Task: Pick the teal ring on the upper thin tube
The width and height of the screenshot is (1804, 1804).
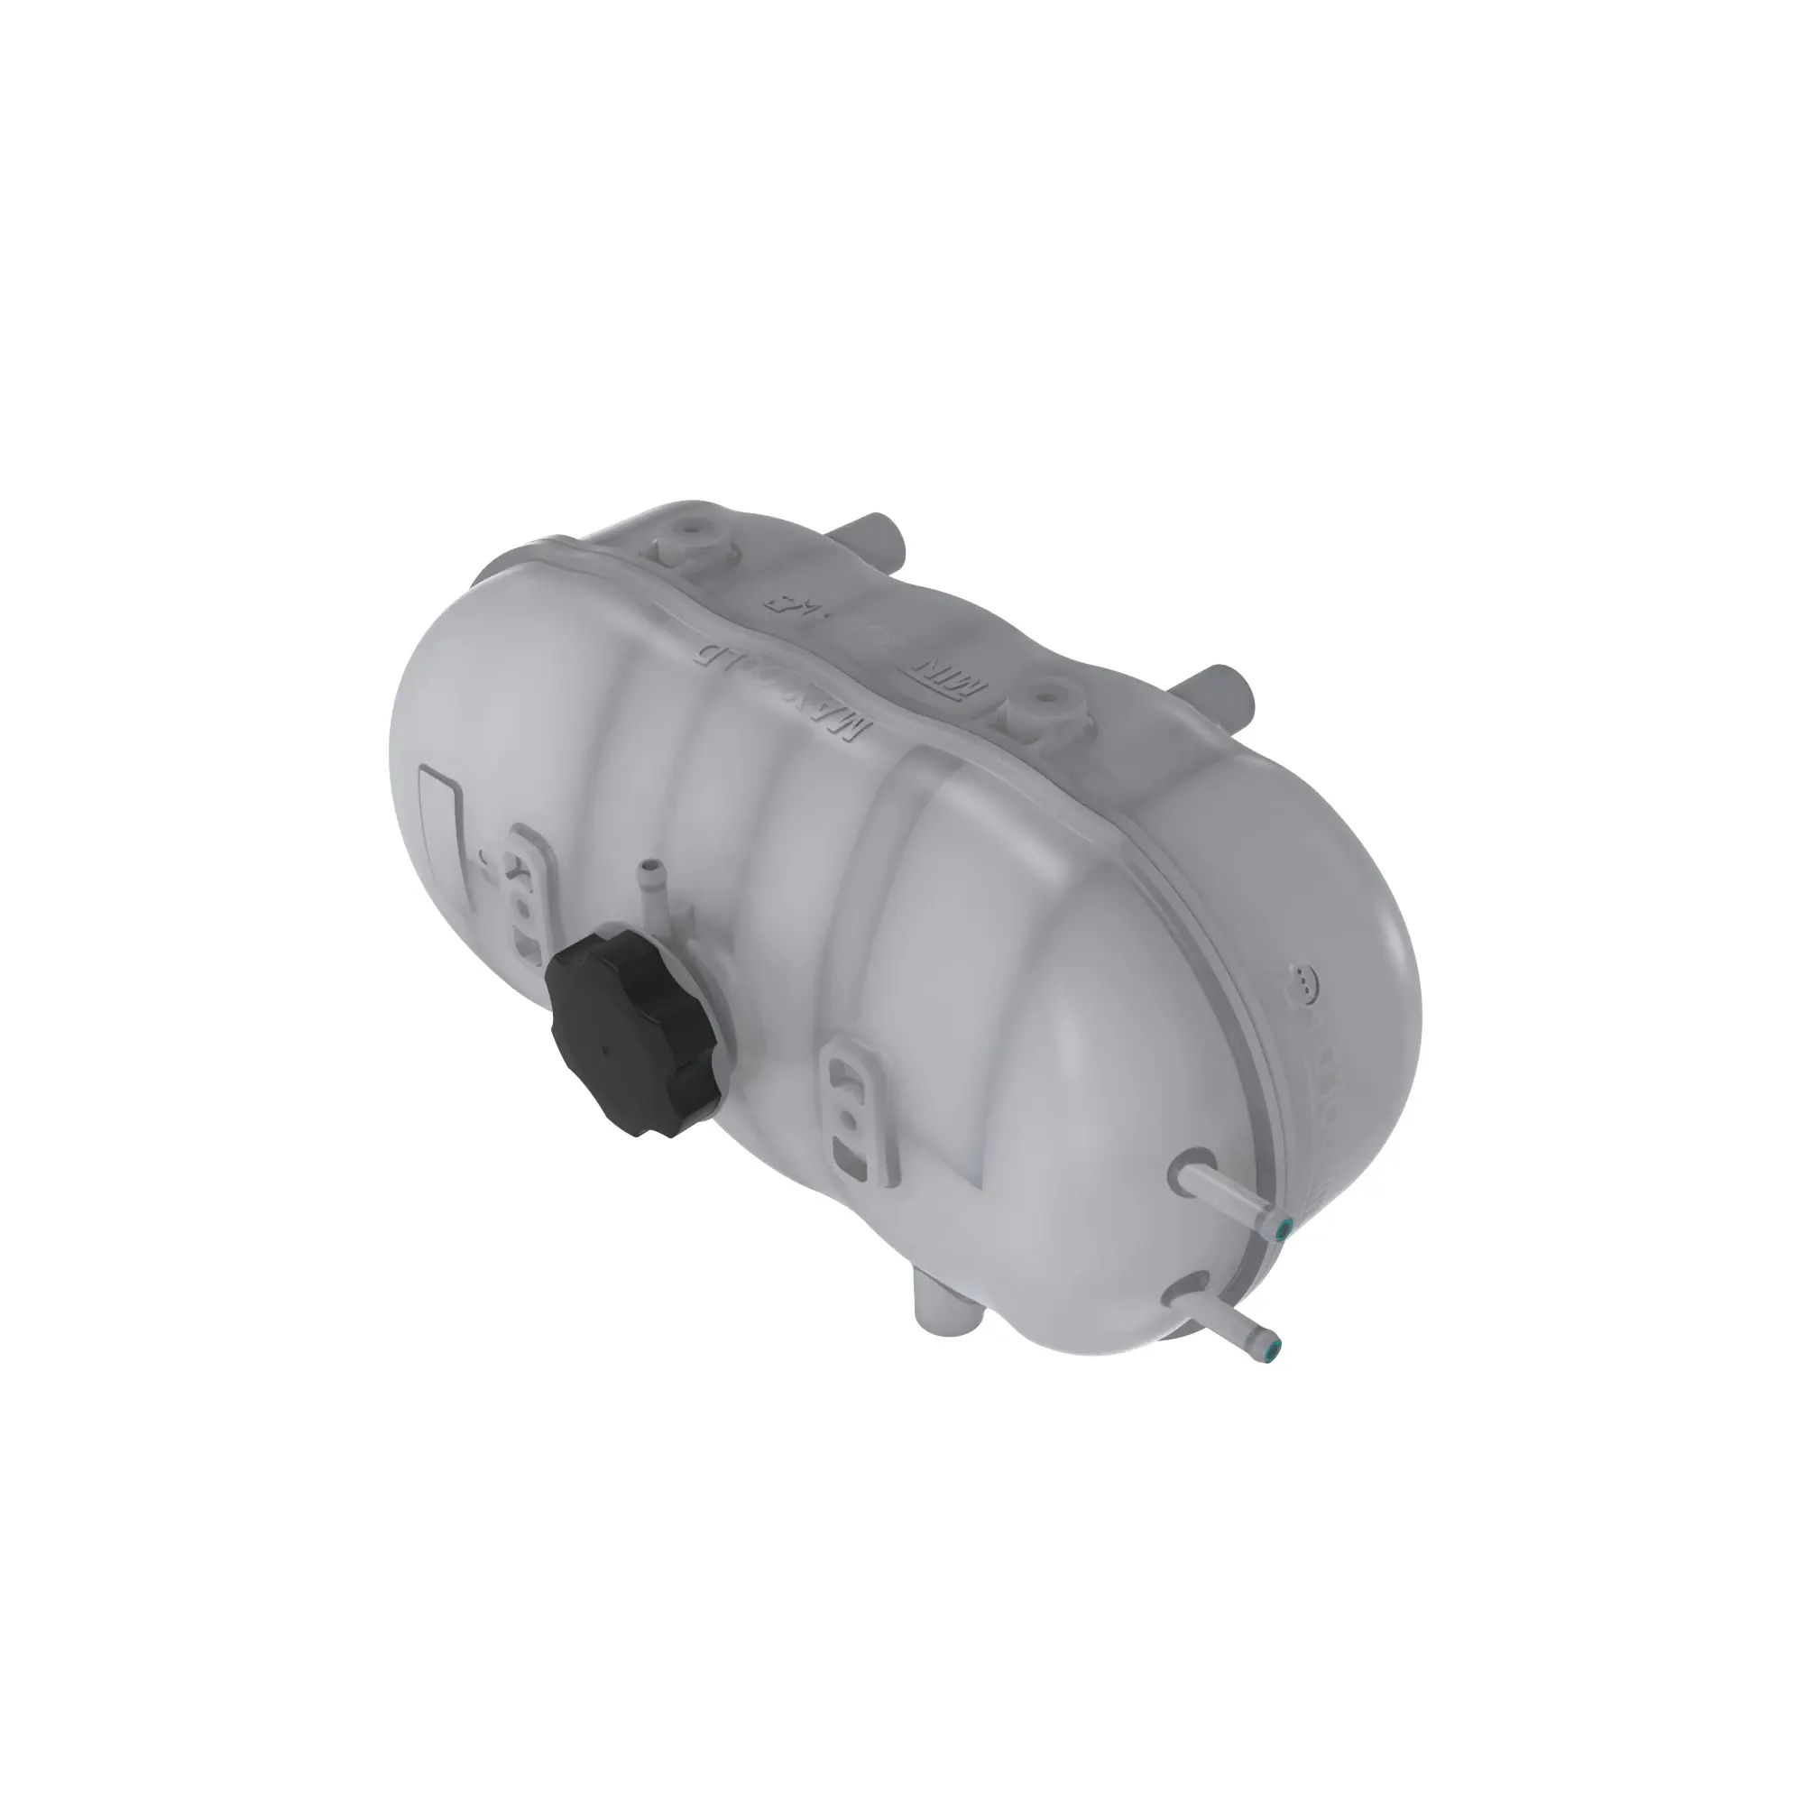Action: click(x=1284, y=1225)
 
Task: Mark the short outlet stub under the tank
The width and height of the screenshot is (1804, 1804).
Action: click(x=943, y=1318)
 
